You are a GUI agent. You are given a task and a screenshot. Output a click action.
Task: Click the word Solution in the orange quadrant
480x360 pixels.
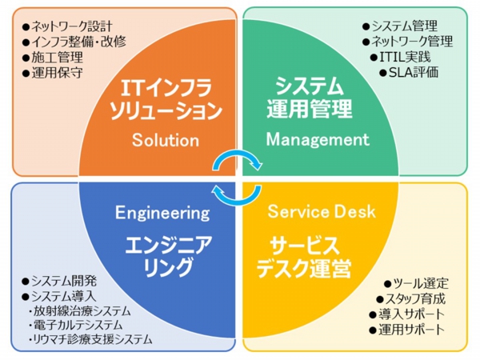coord(166,140)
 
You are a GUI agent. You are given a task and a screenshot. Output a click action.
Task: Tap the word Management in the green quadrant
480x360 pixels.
coord(318,139)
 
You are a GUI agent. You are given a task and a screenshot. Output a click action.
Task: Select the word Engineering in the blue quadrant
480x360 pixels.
coord(162,213)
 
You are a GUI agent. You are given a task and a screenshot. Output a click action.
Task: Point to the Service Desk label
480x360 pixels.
coord(322,211)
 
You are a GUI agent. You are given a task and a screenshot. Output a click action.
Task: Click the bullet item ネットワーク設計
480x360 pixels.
coord(67,26)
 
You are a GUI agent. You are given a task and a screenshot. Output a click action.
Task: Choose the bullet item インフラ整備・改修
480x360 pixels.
coord(74,42)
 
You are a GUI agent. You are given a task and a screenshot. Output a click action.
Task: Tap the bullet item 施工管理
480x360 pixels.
coord(53,58)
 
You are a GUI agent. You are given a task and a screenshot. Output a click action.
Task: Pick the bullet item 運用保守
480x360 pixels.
coord(53,73)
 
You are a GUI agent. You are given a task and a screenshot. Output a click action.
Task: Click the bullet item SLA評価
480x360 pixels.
coord(409,73)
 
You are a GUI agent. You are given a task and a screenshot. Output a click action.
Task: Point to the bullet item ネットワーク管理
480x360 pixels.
coord(407,42)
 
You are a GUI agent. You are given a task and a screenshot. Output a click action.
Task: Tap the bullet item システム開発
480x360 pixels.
coord(59,281)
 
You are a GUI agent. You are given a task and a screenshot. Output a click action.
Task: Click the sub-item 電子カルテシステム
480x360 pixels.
coord(76,325)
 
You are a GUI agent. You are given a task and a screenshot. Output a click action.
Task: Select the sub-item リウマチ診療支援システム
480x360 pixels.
coord(90,339)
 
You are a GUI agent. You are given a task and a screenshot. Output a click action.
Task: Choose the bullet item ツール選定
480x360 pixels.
coord(416,284)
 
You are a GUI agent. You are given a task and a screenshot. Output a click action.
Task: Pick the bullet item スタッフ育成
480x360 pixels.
coord(411,299)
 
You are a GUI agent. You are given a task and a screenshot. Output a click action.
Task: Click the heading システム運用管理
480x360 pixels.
coord(310,98)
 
